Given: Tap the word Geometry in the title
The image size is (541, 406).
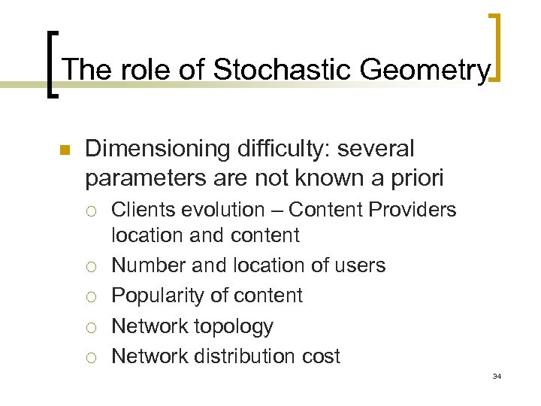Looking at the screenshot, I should coord(425,70).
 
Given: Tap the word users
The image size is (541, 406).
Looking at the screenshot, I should coord(360,265).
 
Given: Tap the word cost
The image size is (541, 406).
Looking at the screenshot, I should coord(320,356).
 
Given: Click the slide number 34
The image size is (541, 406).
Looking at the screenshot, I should coord(496,376).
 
